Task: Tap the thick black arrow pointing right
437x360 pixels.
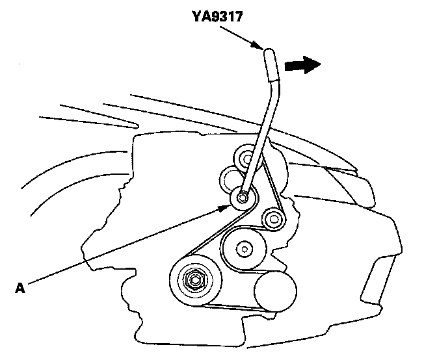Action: point(303,64)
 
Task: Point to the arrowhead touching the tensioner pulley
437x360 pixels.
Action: point(226,206)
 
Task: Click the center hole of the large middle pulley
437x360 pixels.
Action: point(243,248)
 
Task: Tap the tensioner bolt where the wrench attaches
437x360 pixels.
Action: point(243,198)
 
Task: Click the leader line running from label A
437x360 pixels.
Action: point(124,244)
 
